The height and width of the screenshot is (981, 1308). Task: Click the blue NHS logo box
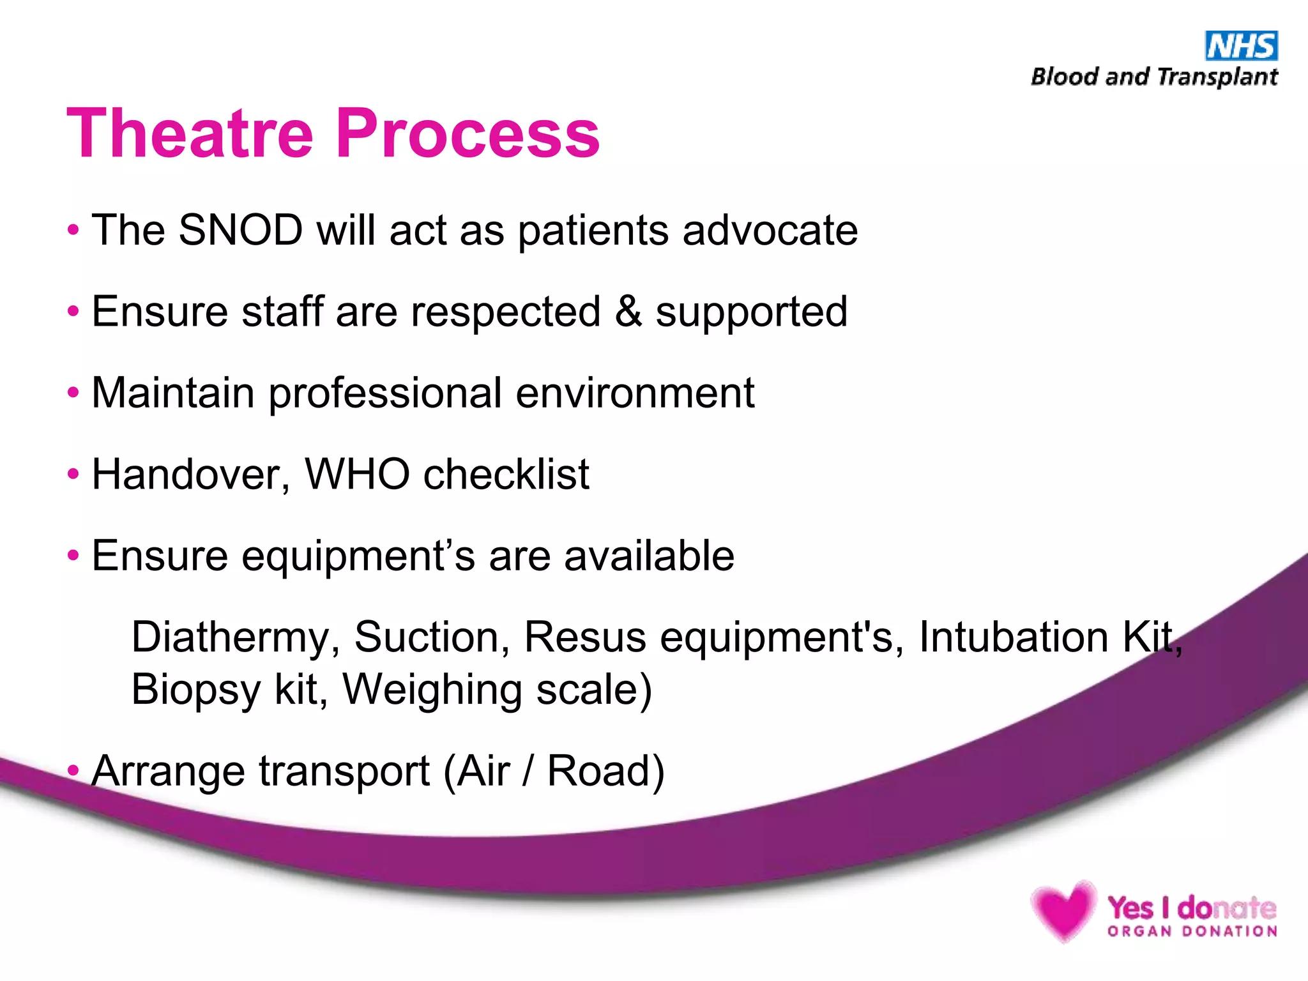coord(1241,46)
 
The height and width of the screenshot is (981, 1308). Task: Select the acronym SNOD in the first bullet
coord(240,230)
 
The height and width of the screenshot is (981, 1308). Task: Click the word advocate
coord(770,230)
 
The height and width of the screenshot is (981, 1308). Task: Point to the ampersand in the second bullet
coord(628,312)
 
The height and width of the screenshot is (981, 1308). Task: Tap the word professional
coord(385,393)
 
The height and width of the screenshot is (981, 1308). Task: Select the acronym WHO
coord(357,474)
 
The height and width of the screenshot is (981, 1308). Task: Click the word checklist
coord(506,474)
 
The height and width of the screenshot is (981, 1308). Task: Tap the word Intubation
coord(1013,637)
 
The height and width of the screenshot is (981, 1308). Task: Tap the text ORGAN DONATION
coord(1192,931)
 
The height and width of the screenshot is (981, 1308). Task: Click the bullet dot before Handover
coord(73,475)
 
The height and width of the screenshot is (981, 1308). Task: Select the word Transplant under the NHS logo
coord(1217,77)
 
